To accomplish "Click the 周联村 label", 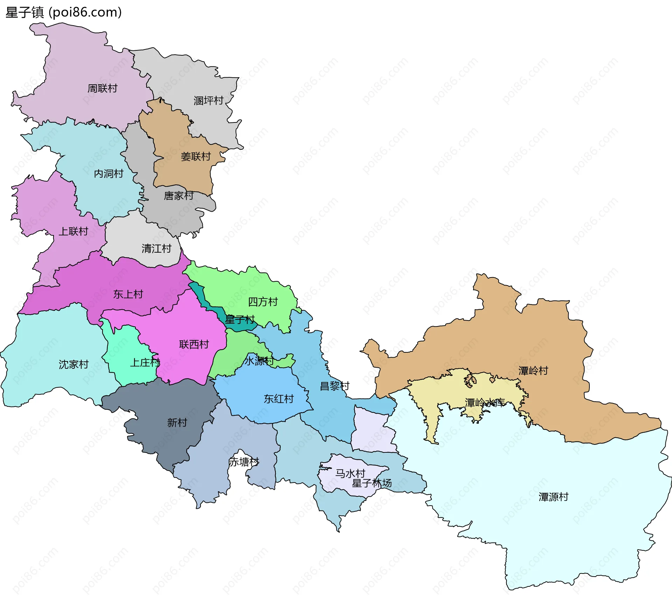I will pos(102,89).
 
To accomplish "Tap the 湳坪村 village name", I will pos(209,101).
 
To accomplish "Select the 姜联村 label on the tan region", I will pos(196,156).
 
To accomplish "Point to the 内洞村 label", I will pos(108,174).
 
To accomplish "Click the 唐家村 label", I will pos(179,196).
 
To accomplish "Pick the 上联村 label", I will pos(73,231).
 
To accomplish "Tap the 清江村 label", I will pos(156,249).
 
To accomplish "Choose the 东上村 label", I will pos(128,294).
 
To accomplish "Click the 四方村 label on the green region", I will pos(263,302).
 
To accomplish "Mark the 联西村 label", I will pos(194,344).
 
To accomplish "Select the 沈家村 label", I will pos(73,365).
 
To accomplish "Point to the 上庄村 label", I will pos(145,362).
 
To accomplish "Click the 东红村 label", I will pos(279,399).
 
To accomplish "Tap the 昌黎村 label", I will pos(335,386).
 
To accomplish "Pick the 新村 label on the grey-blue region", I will pos(177,423).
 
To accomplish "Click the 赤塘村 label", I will pos(244,462).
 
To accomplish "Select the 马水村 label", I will pos(350,473).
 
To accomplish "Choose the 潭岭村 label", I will pos(533,371).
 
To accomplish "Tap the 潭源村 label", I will pos(553,497).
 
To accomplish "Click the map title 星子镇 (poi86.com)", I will pos(64,12).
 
